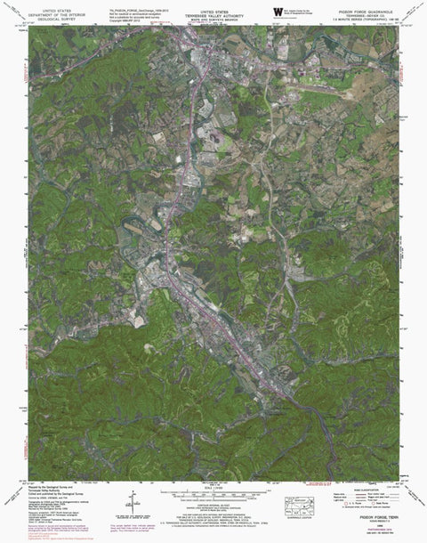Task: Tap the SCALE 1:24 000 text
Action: tap(213, 485)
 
